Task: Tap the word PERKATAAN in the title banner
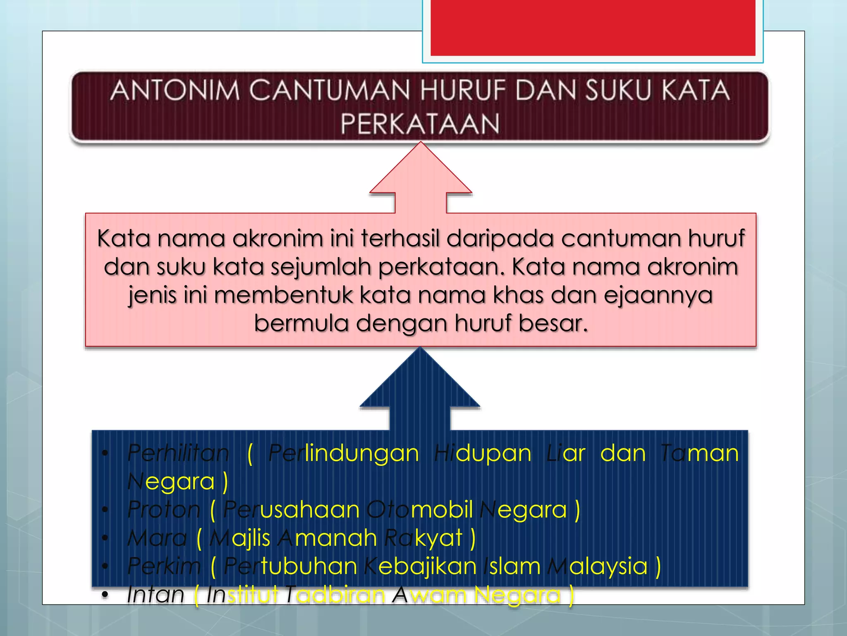[420, 124]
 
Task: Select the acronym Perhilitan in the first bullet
[178, 453]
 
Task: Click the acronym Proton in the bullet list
[164, 509]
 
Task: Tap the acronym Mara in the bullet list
[157, 538]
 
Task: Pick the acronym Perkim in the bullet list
[164, 566]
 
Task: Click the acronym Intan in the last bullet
[155, 595]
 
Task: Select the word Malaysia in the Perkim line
[597, 566]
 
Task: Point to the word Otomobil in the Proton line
[420, 509]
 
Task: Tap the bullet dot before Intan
[105, 595]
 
